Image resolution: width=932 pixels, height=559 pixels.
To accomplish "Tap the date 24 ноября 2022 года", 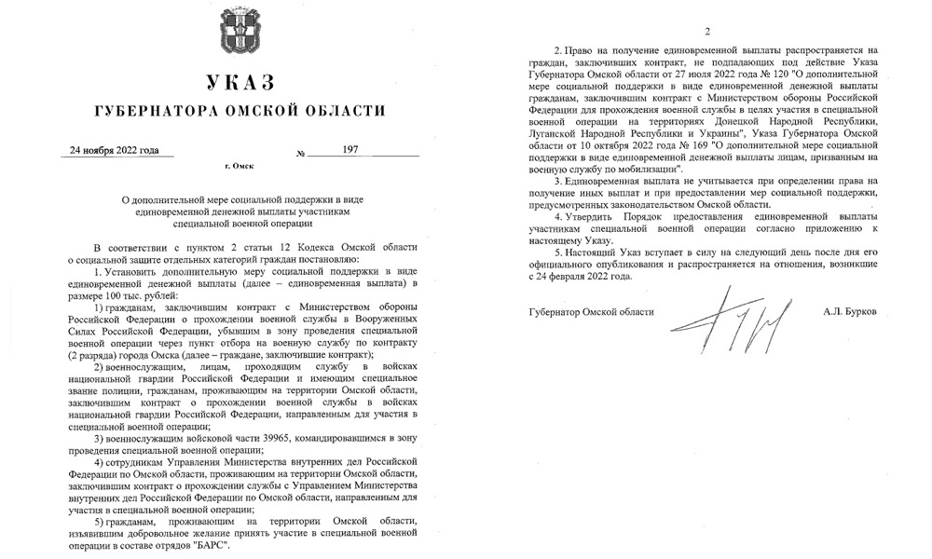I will [x=116, y=150].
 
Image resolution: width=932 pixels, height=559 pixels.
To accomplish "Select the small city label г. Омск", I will [x=240, y=168].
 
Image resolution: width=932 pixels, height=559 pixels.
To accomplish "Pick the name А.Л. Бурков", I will [x=853, y=310].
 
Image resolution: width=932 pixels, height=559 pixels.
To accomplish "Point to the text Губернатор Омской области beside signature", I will [x=591, y=310].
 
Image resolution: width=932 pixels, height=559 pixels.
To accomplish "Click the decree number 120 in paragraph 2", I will [x=750, y=74].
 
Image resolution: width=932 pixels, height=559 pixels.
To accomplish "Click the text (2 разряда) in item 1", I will [x=94, y=356].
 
